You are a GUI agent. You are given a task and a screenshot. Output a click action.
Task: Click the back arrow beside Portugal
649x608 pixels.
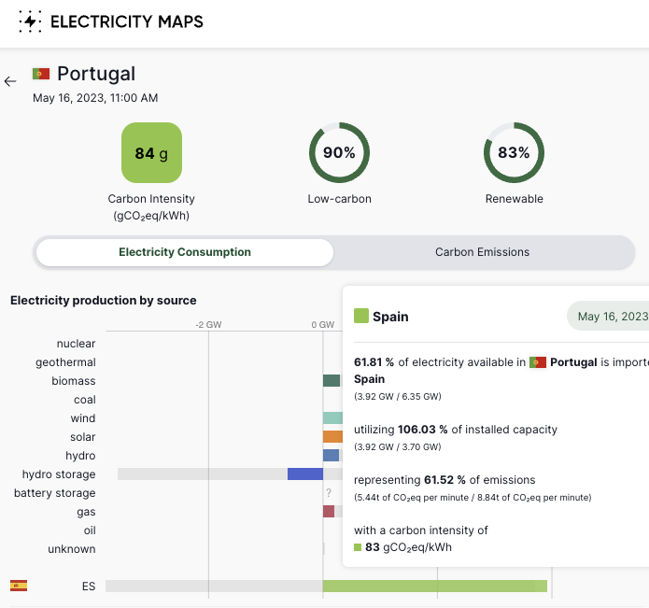pyautogui.click(x=10, y=81)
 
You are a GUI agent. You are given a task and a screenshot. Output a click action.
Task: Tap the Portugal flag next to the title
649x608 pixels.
pyautogui.click(x=40, y=74)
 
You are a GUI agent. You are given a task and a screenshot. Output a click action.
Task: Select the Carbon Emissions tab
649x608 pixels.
pyautogui.click(x=482, y=252)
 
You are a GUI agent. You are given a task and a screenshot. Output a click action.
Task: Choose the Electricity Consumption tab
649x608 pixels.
pyautogui.click(x=185, y=252)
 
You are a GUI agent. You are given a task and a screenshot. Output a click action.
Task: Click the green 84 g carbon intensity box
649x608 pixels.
pyautogui.click(x=151, y=152)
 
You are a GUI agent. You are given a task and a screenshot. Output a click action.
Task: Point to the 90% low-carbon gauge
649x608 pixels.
pyautogui.click(x=339, y=152)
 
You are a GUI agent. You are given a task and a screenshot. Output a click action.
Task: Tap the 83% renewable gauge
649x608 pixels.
pyautogui.click(x=514, y=152)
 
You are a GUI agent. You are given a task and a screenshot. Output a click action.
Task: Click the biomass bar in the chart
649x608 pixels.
pyautogui.click(x=332, y=381)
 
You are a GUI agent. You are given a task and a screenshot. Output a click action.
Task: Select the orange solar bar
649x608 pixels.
pyautogui.click(x=332, y=437)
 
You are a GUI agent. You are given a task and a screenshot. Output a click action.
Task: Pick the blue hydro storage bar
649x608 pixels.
pyautogui.click(x=304, y=474)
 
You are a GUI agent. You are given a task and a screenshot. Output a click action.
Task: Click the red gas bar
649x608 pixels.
pyautogui.click(x=329, y=512)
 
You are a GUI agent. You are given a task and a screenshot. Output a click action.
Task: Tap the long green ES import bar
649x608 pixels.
pyautogui.click(x=434, y=587)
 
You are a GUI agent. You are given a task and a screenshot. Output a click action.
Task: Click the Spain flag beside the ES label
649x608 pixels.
pyautogui.click(x=19, y=586)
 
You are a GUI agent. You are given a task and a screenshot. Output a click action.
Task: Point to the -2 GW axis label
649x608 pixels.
pyautogui.click(x=207, y=325)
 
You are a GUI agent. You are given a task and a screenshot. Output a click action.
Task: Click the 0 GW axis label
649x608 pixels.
pyautogui.click(x=322, y=325)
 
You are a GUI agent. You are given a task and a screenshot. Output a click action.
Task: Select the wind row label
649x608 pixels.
pyautogui.click(x=82, y=418)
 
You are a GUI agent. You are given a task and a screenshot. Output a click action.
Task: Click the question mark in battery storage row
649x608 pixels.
pyautogui.click(x=329, y=493)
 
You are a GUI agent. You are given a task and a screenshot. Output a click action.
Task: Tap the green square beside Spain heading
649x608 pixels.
pyautogui.click(x=361, y=317)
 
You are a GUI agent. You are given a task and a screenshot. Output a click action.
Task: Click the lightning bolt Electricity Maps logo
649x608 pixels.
pyautogui.click(x=30, y=21)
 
